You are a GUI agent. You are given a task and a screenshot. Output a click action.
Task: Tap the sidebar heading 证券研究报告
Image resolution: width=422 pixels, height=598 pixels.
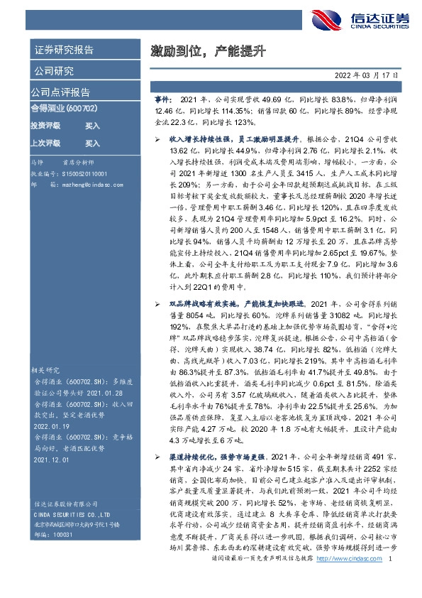63,50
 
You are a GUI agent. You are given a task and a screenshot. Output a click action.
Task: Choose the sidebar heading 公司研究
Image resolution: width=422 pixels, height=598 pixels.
52,71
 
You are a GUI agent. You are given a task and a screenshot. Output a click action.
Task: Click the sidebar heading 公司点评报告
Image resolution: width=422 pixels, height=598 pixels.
60,92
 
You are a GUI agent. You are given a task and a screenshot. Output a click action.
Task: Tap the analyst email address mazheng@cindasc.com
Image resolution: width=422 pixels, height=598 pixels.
82,183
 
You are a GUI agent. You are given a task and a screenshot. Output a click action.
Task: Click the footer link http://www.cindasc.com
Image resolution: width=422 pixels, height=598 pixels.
349,580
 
